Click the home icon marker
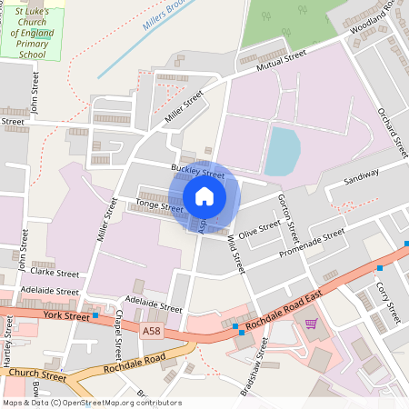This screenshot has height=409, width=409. coord(204,195)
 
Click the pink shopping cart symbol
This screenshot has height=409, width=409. coord(311,324)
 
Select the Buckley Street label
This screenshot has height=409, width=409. coord(197,171)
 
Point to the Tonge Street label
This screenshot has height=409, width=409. coord(159,205)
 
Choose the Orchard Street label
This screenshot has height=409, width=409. coord(388,131)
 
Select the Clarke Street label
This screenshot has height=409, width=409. coord(55,272)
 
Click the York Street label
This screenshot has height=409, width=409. coord(66,316)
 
